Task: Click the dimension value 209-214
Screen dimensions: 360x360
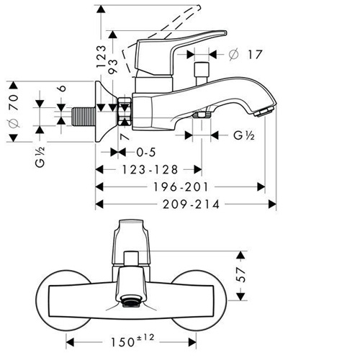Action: pyautogui.click(x=191, y=204)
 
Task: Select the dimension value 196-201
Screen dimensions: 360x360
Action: pyautogui.click(x=181, y=187)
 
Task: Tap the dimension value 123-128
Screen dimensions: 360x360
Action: pyautogui.click(x=150, y=169)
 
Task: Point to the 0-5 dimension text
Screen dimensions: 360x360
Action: pyautogui.click(x=146, y=152)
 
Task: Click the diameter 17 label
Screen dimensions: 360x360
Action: pyautogui.click(x=246, y=55)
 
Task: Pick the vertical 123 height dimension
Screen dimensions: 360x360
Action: pyautogui.click(x=101, y=57)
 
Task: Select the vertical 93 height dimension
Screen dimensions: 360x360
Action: pyautogui.click(x=113, y=66)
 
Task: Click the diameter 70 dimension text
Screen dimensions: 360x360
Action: pyautogui.click(x=13, y=111)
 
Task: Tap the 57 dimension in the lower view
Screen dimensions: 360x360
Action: pyautogui.click(x=240, y=274)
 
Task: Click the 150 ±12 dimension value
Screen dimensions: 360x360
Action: pyautogui.click(x=132, y=341)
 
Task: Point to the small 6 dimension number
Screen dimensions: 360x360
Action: pyautogui.click(x=62, y=89)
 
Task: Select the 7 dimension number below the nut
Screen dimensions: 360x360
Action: pyautogui.click(x=125, y=137)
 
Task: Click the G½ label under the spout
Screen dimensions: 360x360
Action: pyautogui.click(x=244, y=135)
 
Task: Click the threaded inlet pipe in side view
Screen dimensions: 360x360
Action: pyautogui.click(x=84, y=117)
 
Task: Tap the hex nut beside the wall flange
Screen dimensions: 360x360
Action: pyautogui.click(x=125, y=112)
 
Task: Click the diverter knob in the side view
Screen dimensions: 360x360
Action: pyautogui.click(x=202, y=73)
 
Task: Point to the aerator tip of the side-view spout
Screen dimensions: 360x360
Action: pyautogui.click(x=264, y=112)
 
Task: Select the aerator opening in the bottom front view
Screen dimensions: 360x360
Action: pyautogui.click(x=130, y=301)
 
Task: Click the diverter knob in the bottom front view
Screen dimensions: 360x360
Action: pyautogui.click(x=131, y=258)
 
